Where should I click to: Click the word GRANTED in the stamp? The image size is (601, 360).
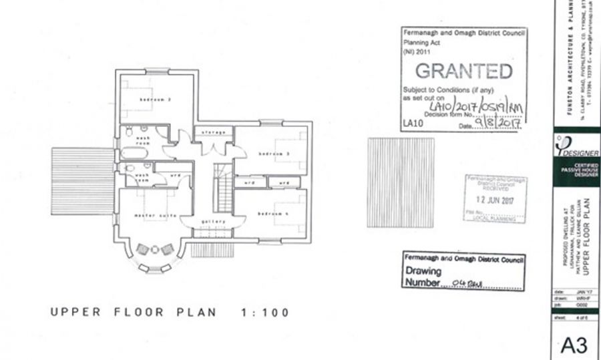click(464, 70)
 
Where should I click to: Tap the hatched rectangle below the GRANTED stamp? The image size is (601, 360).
click(401, 182)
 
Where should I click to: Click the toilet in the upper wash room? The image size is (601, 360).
click(128, 132)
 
